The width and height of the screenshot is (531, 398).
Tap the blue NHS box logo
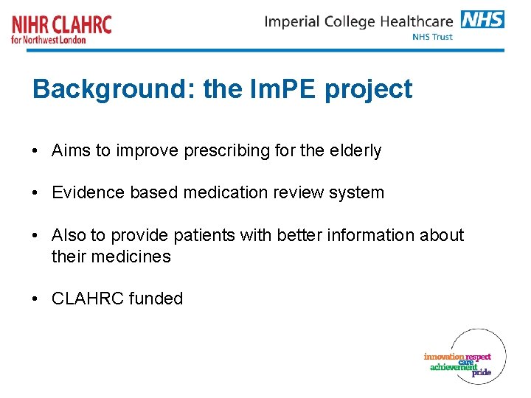click(482, 19)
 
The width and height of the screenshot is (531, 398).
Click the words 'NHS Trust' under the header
click(432, 37)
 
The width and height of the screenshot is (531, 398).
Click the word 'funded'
click(156, 298)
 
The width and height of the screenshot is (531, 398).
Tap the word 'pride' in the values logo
click(482, 373)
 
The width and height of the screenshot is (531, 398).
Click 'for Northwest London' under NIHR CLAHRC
click(49, 40)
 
